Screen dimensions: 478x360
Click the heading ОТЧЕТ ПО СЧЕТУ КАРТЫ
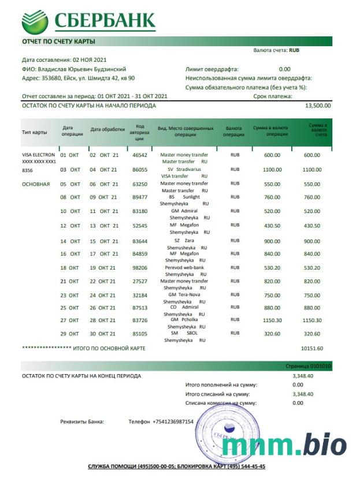[x=59, y=42]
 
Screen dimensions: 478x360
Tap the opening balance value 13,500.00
[x=318, y=106]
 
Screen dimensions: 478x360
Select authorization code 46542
[x=140, y=155]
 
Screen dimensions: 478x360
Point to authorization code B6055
[x=140, y=170]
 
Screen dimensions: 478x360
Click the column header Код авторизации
[x=140, y=132]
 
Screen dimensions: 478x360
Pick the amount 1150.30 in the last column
[x=312, y=320]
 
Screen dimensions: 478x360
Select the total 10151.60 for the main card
[x=312, y=349]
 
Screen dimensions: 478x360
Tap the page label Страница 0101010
[x=309, y=367]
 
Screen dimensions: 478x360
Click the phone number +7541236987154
[x=173, y=421]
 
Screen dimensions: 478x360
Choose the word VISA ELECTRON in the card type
[x=38, y=155]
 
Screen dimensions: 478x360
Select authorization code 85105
[x=140, y=334]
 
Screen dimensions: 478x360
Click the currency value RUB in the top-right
[x=294, y=50]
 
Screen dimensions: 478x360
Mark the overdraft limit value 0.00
[x=284, y=69]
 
